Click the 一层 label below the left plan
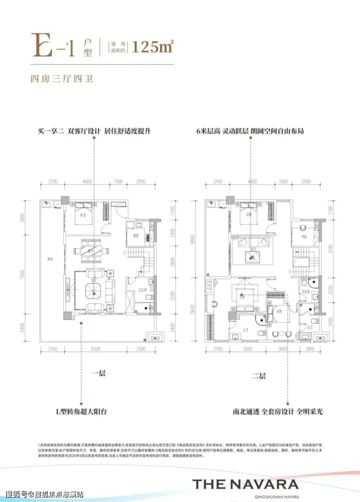click(x=99, y=374)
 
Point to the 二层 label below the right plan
click(x=259, y=375)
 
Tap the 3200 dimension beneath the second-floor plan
click(x=248, y=349)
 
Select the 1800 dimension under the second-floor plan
click(x=310, y=349)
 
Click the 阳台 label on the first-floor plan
click(x=51, y=259)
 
